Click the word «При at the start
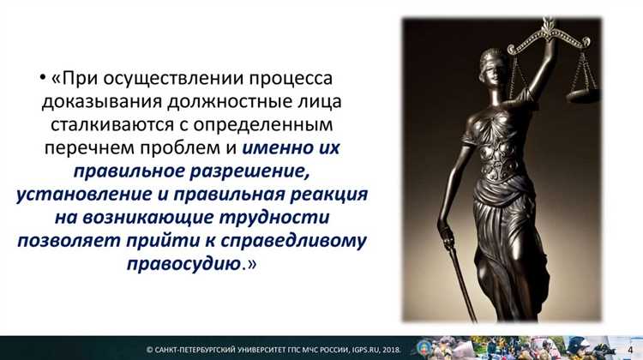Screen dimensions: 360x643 [x=75, y=79]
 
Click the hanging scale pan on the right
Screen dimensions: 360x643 [x=584, y=87]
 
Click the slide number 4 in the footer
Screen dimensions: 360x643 [x=630, y=348]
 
